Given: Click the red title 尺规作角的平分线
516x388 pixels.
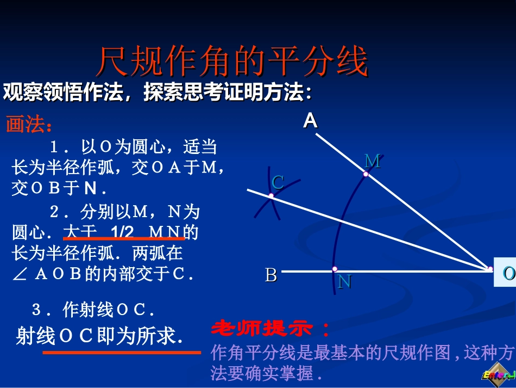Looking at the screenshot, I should (232, 61).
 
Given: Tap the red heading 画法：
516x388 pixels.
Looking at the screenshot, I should (30, 125).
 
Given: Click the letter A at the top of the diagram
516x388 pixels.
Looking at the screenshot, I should (310, 120).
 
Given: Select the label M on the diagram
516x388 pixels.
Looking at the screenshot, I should (373, 161).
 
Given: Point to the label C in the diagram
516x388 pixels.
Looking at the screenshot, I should (278, 182).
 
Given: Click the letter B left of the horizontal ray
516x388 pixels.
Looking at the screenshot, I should (270, 275).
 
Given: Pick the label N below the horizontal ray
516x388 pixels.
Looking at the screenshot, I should (344, 281).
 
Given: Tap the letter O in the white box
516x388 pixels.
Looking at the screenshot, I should (508, 273).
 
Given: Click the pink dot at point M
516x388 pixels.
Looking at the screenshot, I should (366, 175).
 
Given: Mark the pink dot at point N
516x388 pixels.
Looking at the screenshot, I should (335, 269).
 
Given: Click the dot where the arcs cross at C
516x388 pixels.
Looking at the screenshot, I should (271, 196).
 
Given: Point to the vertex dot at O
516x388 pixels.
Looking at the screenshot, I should (490, 269).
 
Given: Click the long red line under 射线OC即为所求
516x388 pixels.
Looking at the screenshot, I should (122, 353).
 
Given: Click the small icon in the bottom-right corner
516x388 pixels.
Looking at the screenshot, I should (498, 375).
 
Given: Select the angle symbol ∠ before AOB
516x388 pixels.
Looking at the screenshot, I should (19, 274).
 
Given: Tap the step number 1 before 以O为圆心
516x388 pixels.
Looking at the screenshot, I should (54, 147).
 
